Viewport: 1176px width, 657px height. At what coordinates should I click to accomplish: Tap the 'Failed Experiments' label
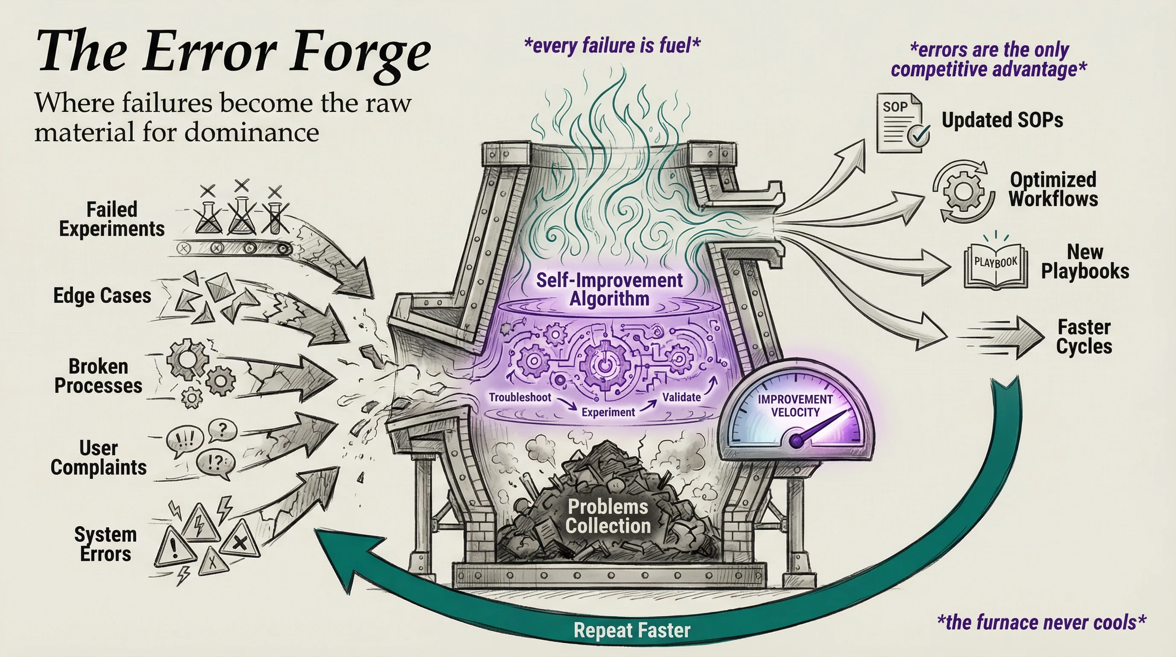[112, 219]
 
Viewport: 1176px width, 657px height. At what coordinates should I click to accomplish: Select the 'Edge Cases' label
[102, 296]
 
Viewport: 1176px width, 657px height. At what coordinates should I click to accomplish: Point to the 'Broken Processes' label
[99, 376]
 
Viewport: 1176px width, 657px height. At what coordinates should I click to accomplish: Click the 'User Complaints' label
[99, 457]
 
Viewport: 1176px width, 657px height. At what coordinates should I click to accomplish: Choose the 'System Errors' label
[106, 544]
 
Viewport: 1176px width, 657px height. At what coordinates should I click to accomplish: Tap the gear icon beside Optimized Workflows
[962, 190]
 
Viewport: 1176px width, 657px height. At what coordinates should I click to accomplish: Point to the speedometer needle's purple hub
[796, 440]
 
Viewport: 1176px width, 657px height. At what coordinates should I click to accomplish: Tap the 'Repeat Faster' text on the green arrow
[632, 630]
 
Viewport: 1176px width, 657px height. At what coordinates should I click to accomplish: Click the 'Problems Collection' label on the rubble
[608, 516]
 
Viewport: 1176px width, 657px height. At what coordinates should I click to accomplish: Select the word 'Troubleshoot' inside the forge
[520, 397]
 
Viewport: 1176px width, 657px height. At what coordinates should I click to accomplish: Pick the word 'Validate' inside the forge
[682, 397]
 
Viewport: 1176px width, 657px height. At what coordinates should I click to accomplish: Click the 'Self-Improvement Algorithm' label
[609, 289]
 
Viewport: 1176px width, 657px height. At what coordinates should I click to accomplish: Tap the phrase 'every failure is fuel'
[612, 46]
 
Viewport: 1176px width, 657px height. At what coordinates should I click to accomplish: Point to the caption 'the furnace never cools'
[1041, 622]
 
